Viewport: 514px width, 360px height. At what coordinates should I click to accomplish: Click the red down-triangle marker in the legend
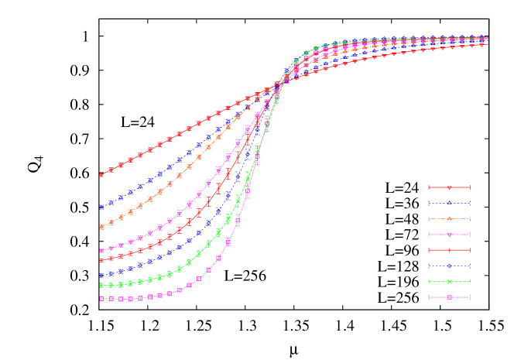point(449,187)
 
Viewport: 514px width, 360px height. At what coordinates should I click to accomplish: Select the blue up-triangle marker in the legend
point(449,203)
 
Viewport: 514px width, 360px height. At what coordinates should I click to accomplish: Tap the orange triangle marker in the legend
point(449,218)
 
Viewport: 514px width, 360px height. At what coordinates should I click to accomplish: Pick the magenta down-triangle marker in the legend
point(449,235)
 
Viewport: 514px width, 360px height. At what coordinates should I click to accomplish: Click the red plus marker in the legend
point(449,250)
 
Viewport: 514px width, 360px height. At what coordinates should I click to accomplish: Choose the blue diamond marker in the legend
point(449,266)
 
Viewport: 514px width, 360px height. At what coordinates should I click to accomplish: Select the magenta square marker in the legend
point(449,297)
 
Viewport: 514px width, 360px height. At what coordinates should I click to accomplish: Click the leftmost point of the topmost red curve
point(101,174)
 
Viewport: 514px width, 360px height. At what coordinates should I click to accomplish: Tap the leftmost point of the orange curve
point(101,227)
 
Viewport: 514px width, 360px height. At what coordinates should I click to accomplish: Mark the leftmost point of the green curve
point(101,285)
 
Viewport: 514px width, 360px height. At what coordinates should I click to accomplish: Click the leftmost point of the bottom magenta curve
point(101,298)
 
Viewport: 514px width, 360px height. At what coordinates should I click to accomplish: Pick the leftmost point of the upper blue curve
point(101,207)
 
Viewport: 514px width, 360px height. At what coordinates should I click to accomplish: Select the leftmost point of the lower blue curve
point(101,276)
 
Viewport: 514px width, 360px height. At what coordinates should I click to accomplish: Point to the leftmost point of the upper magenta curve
point(101,251)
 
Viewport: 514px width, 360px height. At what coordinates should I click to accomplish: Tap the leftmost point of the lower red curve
point(101,260)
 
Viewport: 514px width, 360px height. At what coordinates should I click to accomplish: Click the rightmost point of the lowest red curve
point(486,44)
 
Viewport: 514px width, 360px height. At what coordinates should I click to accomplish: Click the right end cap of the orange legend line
point(470,218)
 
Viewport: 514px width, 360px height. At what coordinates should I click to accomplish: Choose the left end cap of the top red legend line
point(429,187)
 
